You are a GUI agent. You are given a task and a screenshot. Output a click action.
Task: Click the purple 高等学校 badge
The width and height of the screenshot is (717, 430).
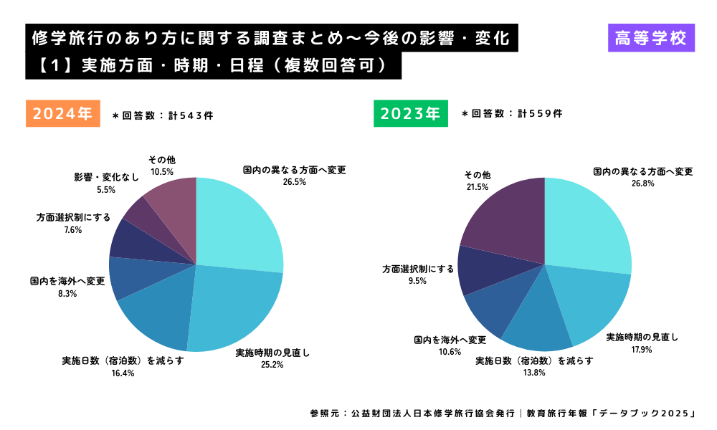(x=651, y=37)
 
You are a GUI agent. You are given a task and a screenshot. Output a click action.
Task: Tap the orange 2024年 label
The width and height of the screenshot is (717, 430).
(x=62, y=113)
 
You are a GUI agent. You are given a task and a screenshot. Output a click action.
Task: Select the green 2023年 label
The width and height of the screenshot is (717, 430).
(x=410, y=113)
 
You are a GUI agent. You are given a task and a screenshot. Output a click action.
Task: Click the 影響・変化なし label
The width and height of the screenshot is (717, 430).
(x=106, y=178)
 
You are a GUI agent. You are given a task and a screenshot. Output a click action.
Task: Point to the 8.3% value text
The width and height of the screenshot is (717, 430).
(x=67, y=294)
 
